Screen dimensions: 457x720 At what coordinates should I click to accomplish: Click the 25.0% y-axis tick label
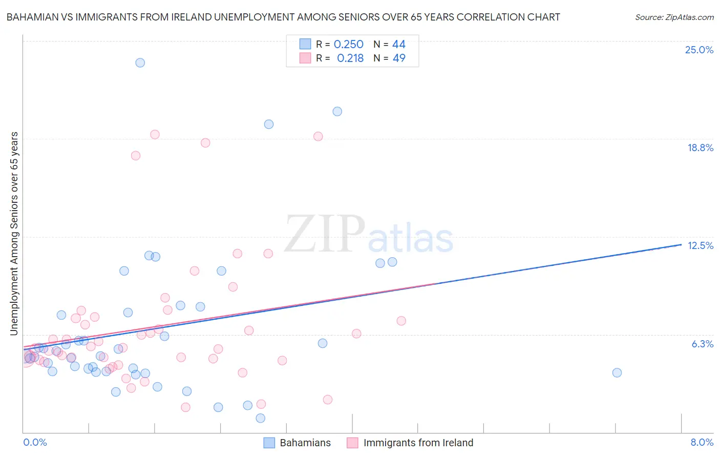[x=699, y=50]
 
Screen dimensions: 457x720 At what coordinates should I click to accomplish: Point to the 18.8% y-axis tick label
[x=700, y=148]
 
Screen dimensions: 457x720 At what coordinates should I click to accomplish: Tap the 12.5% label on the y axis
[x=700, y=245]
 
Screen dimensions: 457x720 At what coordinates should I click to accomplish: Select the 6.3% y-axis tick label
[x=702, y=344]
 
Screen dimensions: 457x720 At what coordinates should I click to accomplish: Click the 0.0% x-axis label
[x=35, y=442]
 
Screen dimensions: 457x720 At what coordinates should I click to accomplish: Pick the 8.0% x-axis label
[x=702, y=442]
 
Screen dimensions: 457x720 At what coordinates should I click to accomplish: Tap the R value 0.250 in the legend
[x=348, y=45]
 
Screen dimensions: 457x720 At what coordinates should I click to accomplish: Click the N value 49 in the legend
[x=399, y=58]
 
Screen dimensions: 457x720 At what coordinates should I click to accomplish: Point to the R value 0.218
[x=350, y=58]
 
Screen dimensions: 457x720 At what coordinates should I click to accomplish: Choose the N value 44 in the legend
[x=399, y=45]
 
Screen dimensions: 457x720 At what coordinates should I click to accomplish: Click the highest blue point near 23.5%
[x=140, y=63]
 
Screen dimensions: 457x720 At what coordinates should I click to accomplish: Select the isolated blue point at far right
[x=617, y=372]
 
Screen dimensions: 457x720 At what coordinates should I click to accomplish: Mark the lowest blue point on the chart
[x=260, y=418]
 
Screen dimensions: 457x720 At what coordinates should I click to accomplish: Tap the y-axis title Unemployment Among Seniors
[x=14, y=234]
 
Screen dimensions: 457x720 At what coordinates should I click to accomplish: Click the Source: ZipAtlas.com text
[x=674, y=17]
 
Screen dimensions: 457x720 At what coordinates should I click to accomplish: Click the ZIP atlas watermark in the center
[x=369, y=235]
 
